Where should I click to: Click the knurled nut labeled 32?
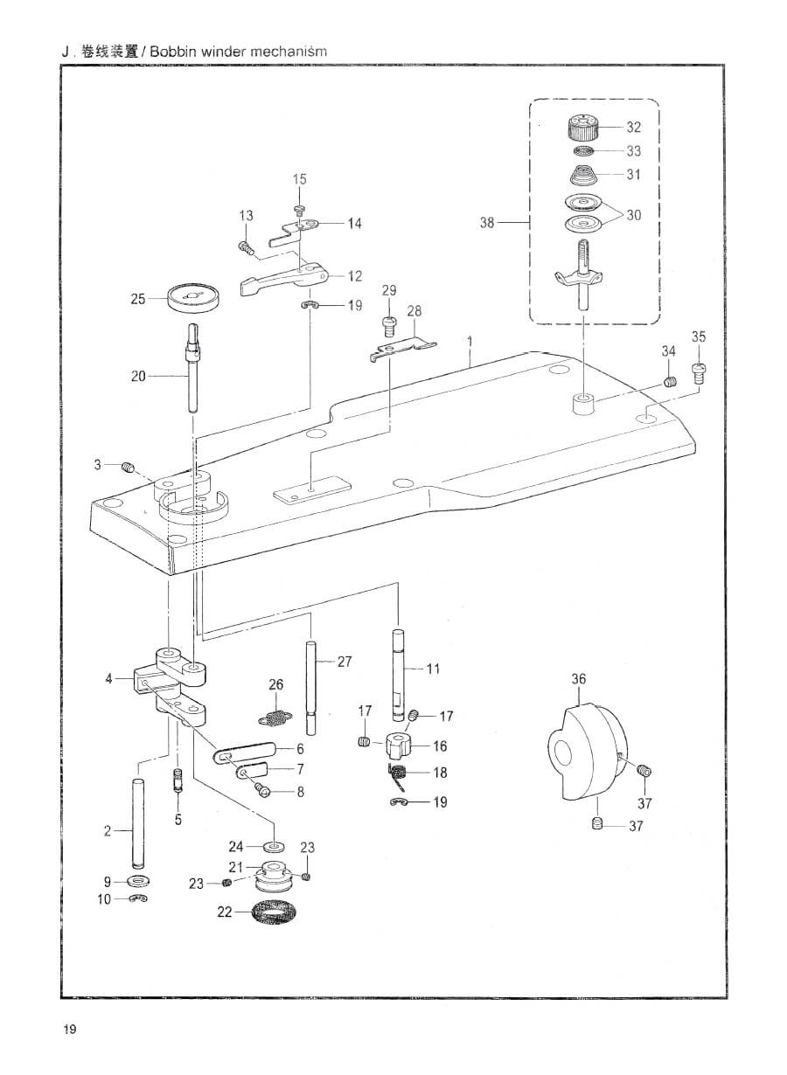point(584,128)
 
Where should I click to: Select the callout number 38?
point(487,223)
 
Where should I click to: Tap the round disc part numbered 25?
point(194,299)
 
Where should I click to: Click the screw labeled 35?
point(698,372)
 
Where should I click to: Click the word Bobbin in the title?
point(173,52)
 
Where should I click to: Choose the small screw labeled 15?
point(299,209)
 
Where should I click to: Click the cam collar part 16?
point(400,746)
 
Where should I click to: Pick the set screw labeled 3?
point(128,467)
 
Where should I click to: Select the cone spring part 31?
point(583,176)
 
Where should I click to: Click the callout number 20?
point(138,376)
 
